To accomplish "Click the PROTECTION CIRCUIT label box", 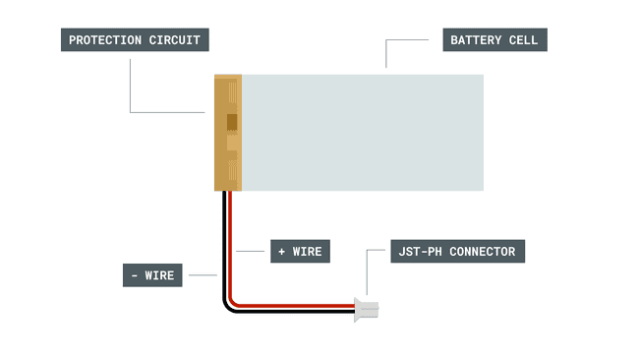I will click(x=135, y=40).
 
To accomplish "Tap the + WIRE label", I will click(x=300, y=252).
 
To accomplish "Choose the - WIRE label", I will click(x=152, y=275).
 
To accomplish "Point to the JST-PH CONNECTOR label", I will click(x=457, y=252).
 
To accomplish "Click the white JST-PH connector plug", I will click(x=369, y=310).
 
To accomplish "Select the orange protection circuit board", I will click(x=228, y=132).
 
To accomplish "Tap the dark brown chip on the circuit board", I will click(x=232, y=123).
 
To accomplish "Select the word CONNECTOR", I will click(x=482, y=252).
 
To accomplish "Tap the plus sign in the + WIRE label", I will click(x=282, y=252).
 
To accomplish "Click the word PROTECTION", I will click(x=106, y=40).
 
